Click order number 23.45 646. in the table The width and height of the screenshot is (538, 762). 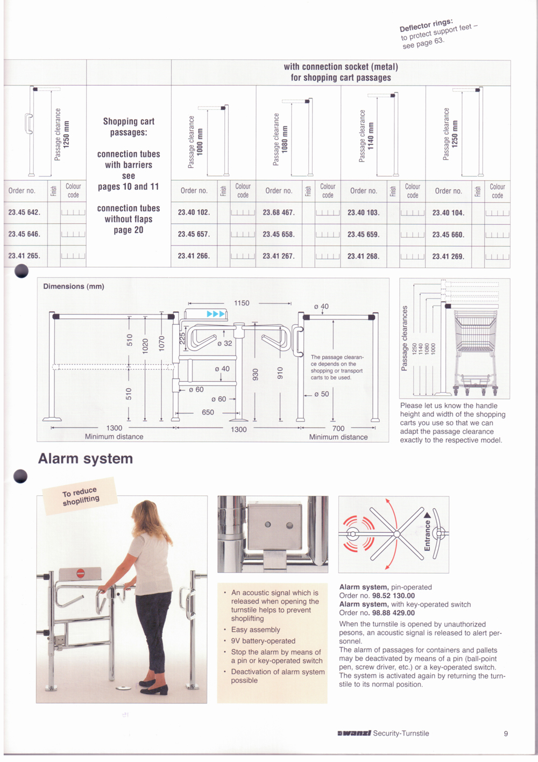click(x=24, y=234)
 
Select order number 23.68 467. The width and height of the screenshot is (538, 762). click(x=278, y=212)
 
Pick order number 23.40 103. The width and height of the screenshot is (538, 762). click(x=363, y=212)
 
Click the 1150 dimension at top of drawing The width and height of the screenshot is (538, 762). click(x=242, y=303)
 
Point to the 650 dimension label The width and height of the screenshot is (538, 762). click(x=208, y=412)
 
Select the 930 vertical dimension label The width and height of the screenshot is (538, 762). click(x=256, y=374)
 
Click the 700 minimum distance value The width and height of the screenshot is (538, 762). click(x=338, y=429)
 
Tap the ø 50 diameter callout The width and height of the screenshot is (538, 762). click(x=321, y=394)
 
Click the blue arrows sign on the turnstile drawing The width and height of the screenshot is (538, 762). click(x=215, y=314)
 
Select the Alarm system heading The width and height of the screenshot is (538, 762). click(x=86, y=459)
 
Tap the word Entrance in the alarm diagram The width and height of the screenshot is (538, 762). click(x=427, y=535)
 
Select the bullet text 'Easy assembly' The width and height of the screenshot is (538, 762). click(x=256, y=630)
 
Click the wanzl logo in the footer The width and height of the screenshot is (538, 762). click(x=354, y=733)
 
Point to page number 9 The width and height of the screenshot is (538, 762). click(x=506, y=733)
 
